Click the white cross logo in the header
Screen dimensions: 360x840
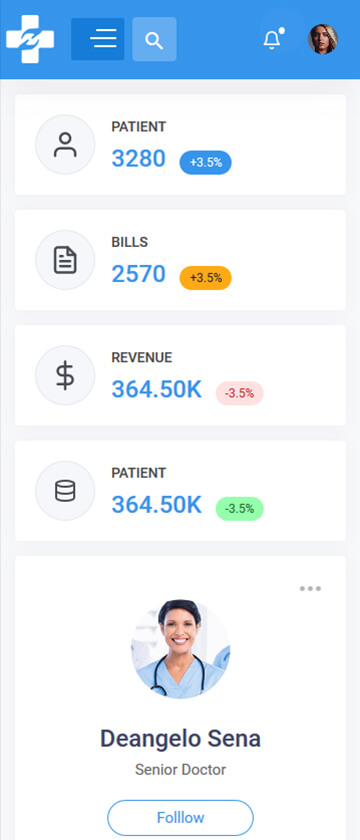click(30, 39)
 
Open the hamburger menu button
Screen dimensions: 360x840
click(98, 39)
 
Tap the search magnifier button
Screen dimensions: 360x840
click(154, 39)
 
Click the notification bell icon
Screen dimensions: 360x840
click(272, 40)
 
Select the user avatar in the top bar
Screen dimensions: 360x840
click(323, 39)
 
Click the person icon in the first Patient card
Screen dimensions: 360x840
click(65, 145)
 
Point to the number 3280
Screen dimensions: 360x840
click(139, 159)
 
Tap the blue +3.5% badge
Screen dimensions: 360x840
click(206, 162)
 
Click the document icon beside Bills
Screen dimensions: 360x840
click(65, 260)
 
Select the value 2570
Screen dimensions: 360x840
click(139, 274)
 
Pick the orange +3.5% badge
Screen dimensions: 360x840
click(206, 278)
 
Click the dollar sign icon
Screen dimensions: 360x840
click(65, 376)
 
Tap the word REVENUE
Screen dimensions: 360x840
click(142, 357)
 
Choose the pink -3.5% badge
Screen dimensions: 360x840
click(239, 393)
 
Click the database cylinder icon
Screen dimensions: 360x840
click(65, 491)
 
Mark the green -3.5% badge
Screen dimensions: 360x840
click(239, 508)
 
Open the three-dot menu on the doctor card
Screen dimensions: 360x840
click(310, 589)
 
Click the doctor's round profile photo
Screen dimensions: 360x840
click(181, 649)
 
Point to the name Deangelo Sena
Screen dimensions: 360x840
click(181, 739)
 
